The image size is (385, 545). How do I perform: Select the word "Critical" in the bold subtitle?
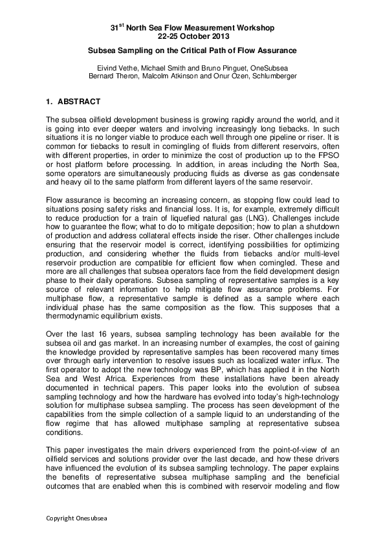coord(185,50)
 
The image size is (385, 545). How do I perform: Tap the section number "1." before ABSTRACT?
coord(50,102)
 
